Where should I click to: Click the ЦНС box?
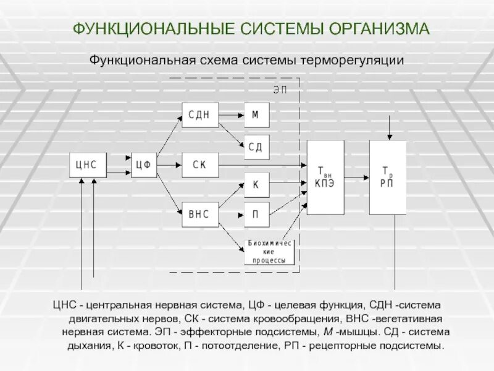click(x=87, y=164)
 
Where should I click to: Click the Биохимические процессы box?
click(x=270, y=252)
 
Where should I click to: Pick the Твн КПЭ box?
click(x=325, y=177)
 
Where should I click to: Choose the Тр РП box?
click(x=388, y=177)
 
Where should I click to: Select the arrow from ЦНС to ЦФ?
click(x=119, y=165)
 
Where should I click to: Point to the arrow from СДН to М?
click(x=231, y=115)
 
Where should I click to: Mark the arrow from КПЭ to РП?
click(x=357, y=177)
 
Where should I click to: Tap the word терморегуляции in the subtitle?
click(x=352, y=61)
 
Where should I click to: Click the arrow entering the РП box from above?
click(x=388, y=129)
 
